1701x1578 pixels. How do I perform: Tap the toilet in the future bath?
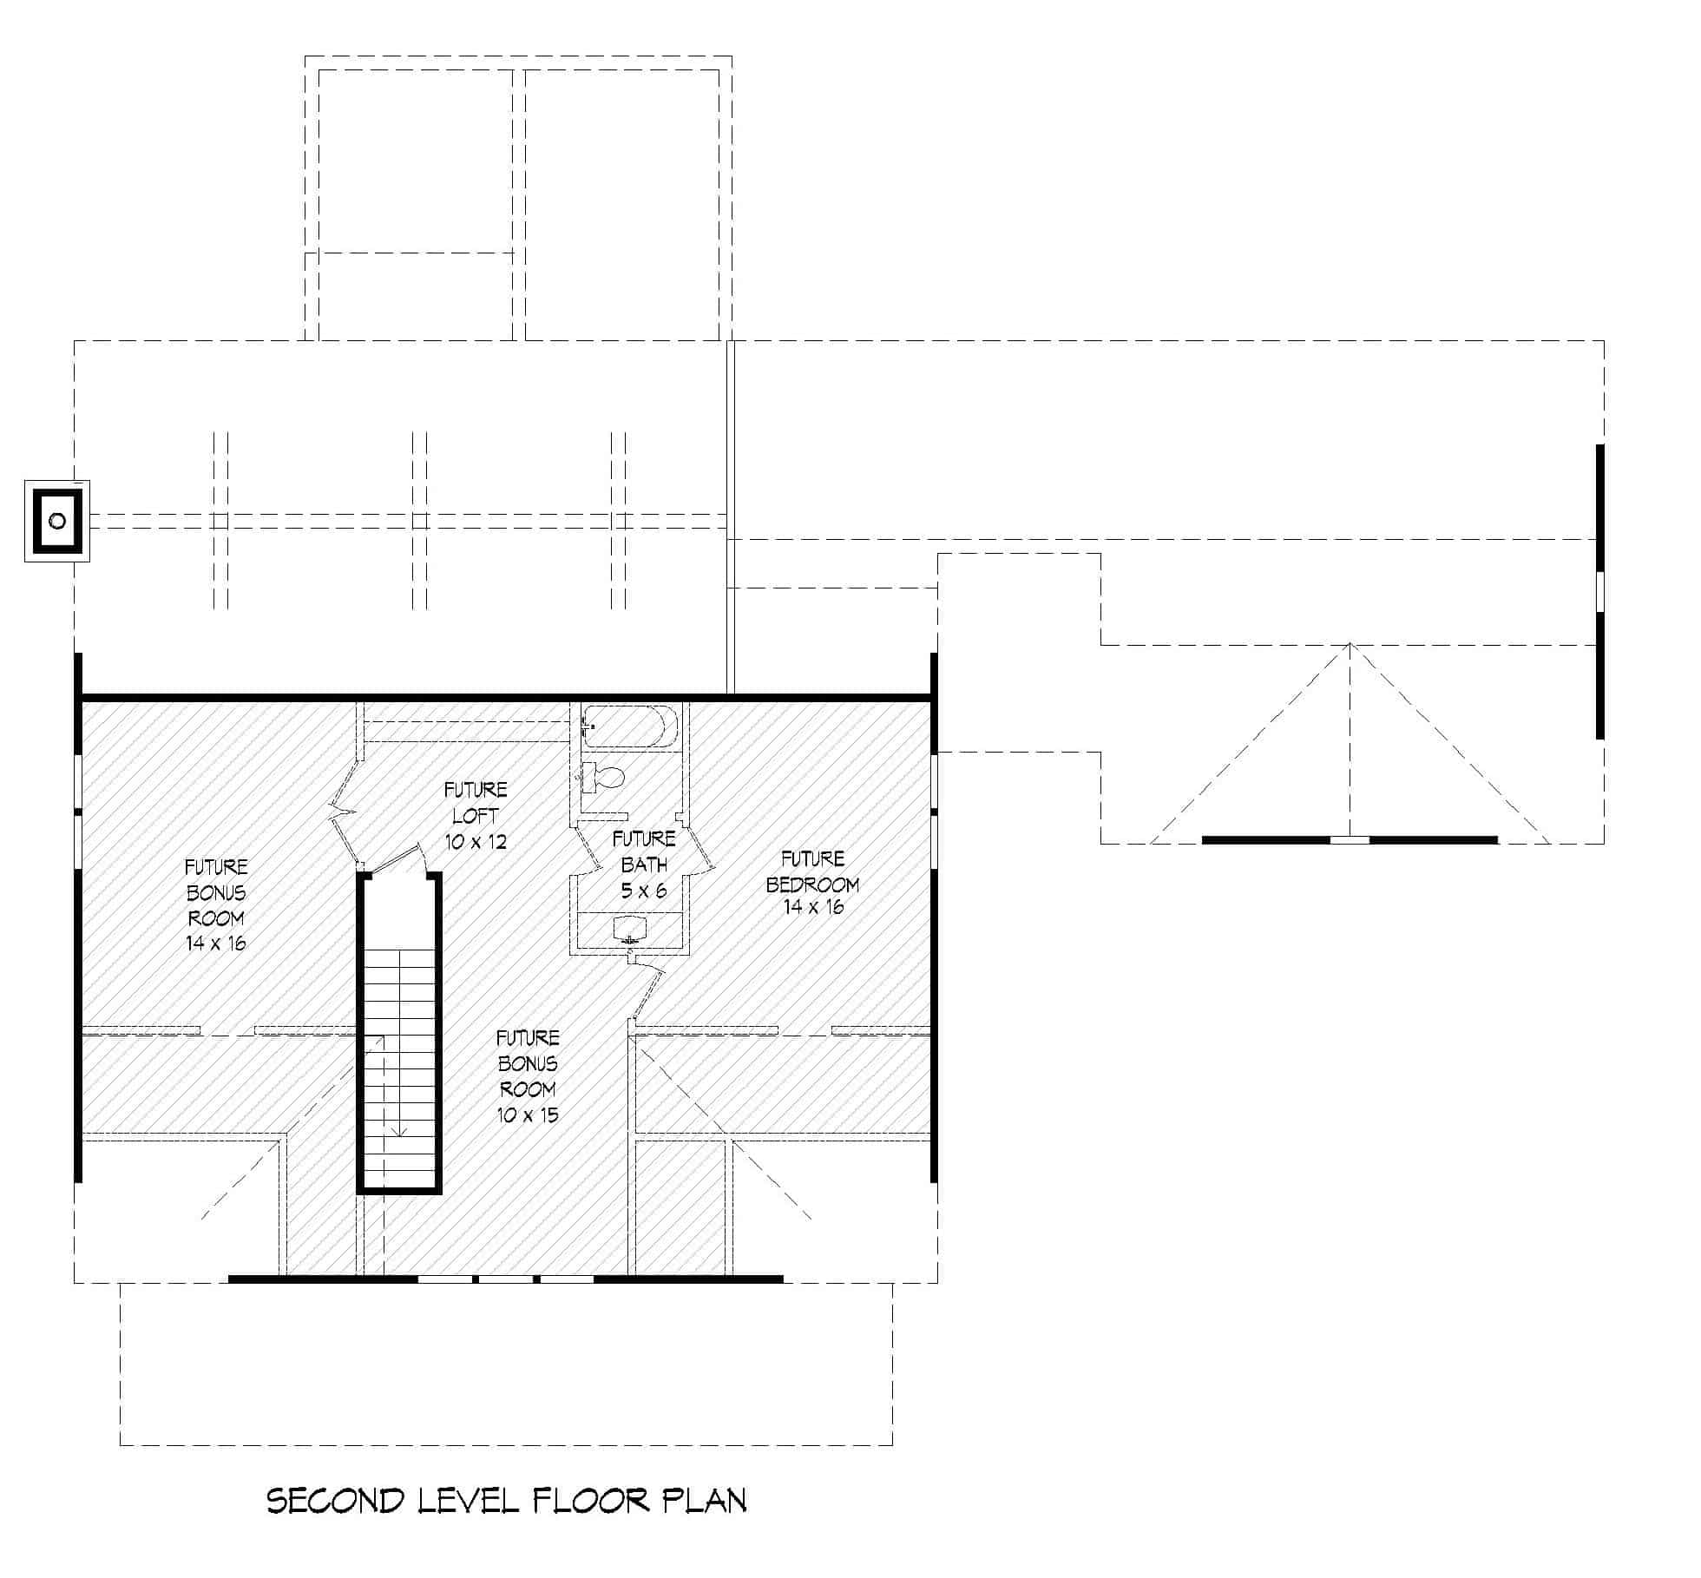point(606,777)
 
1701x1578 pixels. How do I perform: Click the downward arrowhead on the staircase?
point(398,1132)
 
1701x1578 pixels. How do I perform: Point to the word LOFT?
point(476,816)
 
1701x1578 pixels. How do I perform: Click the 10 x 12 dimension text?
point(476,841)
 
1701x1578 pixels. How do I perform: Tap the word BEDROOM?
point(812,884)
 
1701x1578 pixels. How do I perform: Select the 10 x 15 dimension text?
point(528,1115)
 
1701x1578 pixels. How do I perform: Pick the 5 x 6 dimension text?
point(643,890)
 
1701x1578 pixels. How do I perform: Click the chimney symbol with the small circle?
point(57,521)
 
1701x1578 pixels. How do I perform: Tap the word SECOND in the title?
point(335,1501)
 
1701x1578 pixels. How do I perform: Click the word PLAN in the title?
point(704,1501)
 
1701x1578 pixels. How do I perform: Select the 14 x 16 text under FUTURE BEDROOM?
point(813,907)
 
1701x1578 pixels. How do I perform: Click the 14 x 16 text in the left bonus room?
point(216,943)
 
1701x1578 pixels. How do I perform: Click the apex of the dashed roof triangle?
point(1350,644)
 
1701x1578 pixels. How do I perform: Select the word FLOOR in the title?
point(590,1501)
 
